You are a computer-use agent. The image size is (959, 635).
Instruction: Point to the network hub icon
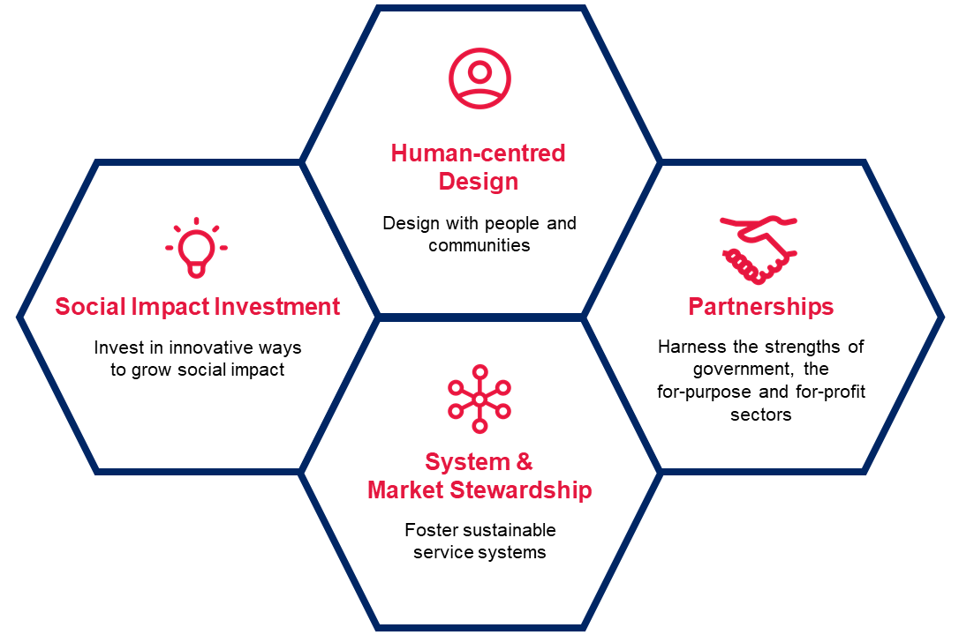point(479,400)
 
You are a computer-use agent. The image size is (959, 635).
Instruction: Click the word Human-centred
point(479,153)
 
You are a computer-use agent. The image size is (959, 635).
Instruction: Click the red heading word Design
point(479,182)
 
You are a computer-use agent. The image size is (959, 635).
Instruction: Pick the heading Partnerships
point(761,307)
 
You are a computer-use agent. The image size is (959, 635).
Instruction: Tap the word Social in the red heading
point(91,307)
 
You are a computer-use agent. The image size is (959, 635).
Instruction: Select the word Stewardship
point(520,490)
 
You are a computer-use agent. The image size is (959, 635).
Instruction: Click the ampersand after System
point(525,461)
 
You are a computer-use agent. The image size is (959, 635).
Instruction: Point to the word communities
point(479,245)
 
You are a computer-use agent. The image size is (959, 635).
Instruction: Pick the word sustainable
point(502,530)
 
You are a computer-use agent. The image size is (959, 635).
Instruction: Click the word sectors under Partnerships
point(761,415)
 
